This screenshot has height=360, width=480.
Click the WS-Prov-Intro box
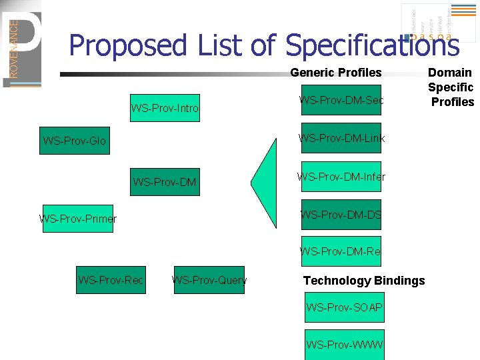[x=165, y=107]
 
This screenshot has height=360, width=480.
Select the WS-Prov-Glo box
[x=74, y=141]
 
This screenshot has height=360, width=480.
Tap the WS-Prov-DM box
[x=165, y=181]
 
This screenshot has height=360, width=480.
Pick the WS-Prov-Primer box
[x=78, y=219]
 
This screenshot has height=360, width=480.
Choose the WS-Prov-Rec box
[x=111, y=280]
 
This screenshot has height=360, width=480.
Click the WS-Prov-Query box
[x=209, y=280]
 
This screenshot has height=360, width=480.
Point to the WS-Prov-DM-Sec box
[x=341, y=100]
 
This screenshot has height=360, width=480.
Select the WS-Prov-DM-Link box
[x=341, y=138]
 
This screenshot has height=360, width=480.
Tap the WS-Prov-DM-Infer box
[x=341, y=176]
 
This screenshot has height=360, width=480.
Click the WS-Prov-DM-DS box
[x=341, y=214]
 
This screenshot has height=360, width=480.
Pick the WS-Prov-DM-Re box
[x=341, y=251]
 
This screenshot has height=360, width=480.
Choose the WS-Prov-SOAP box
[x=344, y=307]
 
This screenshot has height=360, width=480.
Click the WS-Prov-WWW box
[x=344, y=345]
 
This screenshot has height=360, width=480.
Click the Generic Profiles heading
[x=335, y=73]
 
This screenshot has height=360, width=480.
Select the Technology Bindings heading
[x=364, y=281]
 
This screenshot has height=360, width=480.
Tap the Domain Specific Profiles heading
[x=451, y=87]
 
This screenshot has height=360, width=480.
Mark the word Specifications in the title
[x=372, y=46]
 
